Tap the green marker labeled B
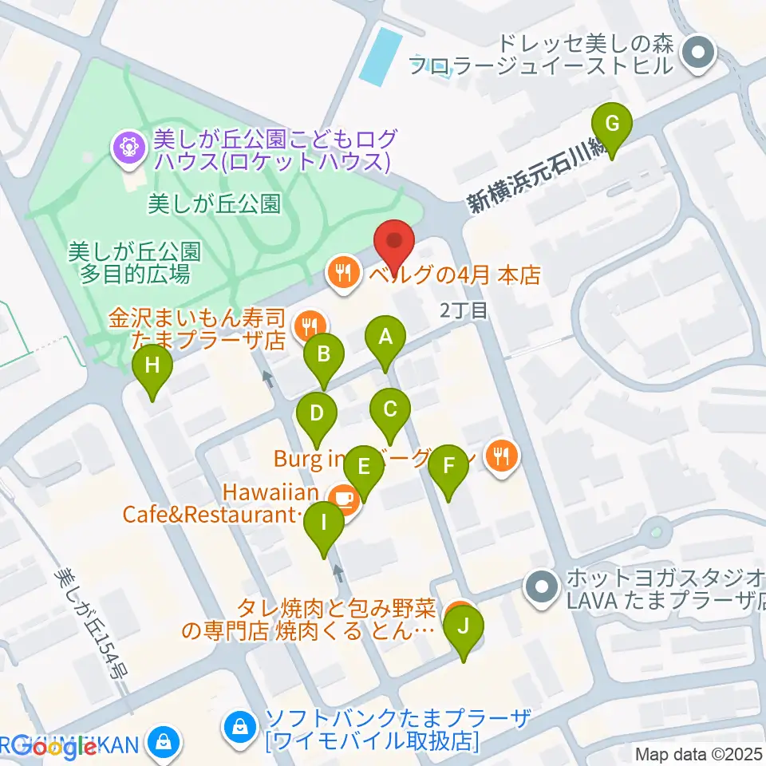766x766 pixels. click(x=323, y=353)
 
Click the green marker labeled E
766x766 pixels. click(x=364, y=465)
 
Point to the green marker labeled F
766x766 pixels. click(x=448, y=465)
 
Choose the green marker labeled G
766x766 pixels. click(x=612, y=124)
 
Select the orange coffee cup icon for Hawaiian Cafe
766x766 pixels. click(x=344, y=499)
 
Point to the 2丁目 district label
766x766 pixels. click(x=464, y=310)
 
